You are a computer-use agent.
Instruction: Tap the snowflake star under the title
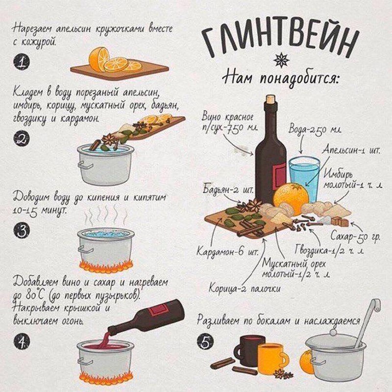coord(281,60)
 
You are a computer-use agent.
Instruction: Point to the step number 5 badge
coord(205,342)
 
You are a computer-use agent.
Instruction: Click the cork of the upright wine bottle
coord(270,99)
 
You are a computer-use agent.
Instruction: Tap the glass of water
coord(304,179)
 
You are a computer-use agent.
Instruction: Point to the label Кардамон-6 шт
coord(227,251)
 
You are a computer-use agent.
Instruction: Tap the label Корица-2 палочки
coord(245,289)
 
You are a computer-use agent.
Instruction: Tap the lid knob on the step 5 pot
coord(333,333)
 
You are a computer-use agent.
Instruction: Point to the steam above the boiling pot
coord(105,216)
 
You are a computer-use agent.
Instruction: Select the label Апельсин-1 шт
coord(351,150)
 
